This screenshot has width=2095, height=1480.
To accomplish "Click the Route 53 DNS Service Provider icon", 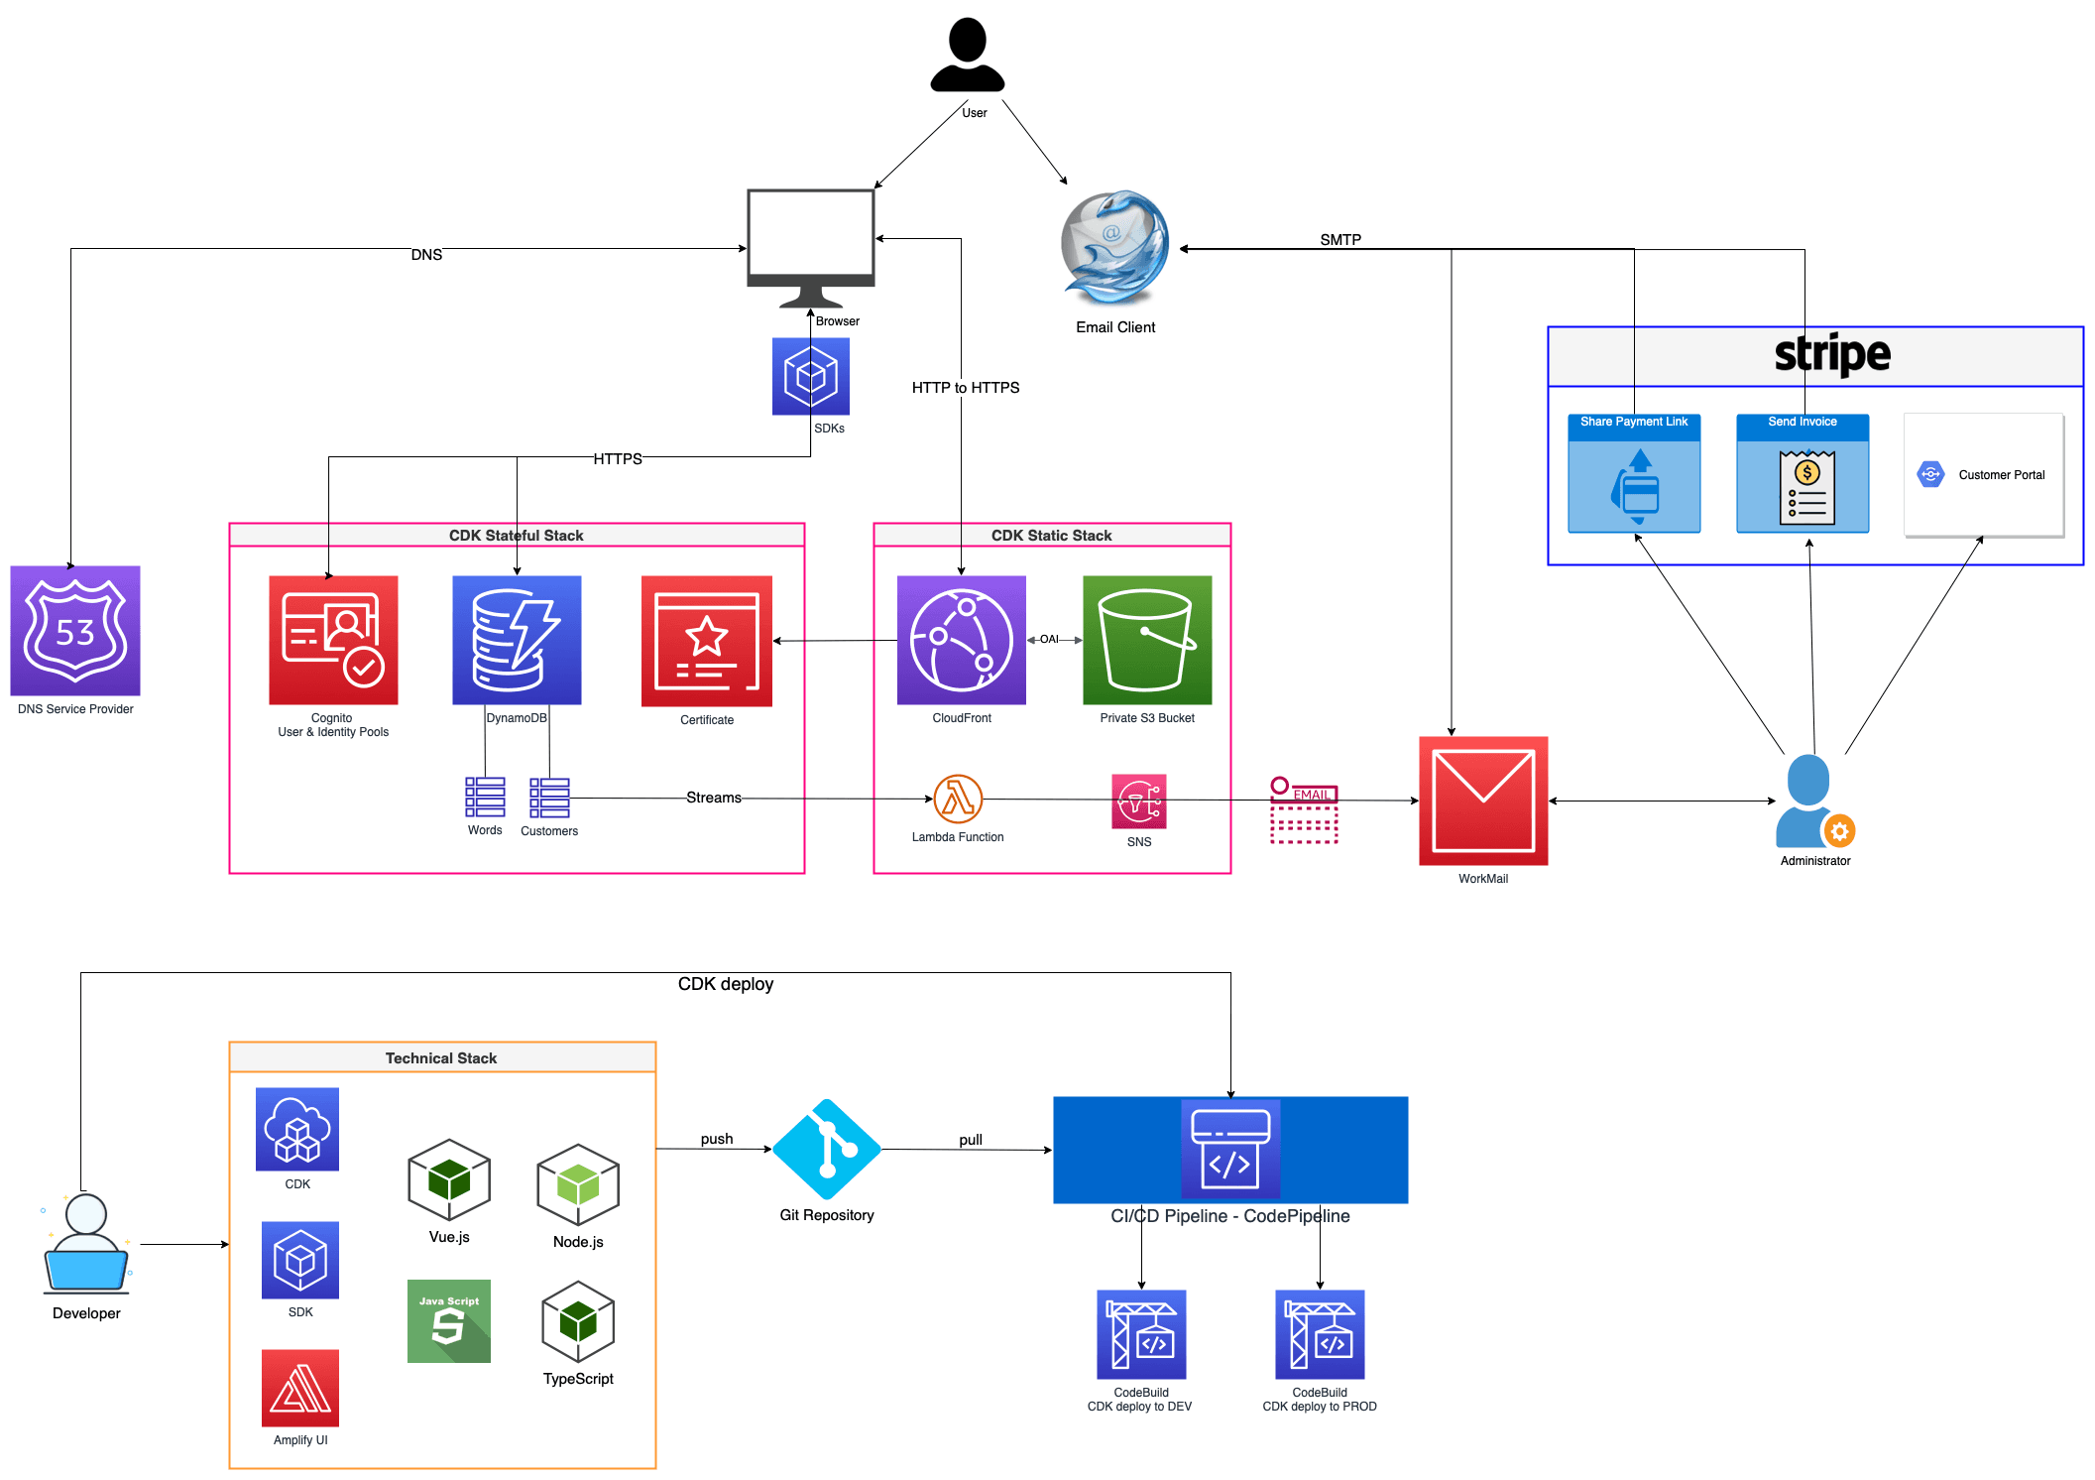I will tap(75, 631).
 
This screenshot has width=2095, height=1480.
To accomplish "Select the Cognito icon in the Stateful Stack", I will tap(333, 640).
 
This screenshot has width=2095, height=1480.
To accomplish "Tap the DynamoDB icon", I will tap(517, 640).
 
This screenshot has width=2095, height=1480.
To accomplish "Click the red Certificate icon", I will tap(706, 641).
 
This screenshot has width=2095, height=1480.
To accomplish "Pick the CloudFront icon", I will tap(961, 640).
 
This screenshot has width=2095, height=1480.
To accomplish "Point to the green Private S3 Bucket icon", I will tap(1147, 640).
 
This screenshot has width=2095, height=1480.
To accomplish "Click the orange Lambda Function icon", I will tap(958, 800).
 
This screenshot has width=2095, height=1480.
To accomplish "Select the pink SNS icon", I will tap(1138, 802).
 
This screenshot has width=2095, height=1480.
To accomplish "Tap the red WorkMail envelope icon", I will tap(1483, 801).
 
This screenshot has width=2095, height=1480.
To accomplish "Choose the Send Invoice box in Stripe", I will tap(1803, 474).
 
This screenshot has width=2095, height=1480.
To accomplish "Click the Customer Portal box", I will tap(1984, 475).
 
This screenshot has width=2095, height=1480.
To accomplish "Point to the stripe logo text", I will tap(1831, 354).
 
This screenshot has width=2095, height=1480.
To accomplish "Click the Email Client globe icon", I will tap(1114, 248).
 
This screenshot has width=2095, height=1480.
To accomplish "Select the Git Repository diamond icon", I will tap(826, 1150).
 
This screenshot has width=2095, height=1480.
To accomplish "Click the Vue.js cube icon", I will tap(449, 1179).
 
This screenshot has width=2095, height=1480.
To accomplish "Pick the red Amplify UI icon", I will tap(300, 1388).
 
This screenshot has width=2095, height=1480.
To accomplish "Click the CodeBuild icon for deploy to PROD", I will tap(1320, 1334).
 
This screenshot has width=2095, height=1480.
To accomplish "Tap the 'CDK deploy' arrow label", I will tap(726, 984).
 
